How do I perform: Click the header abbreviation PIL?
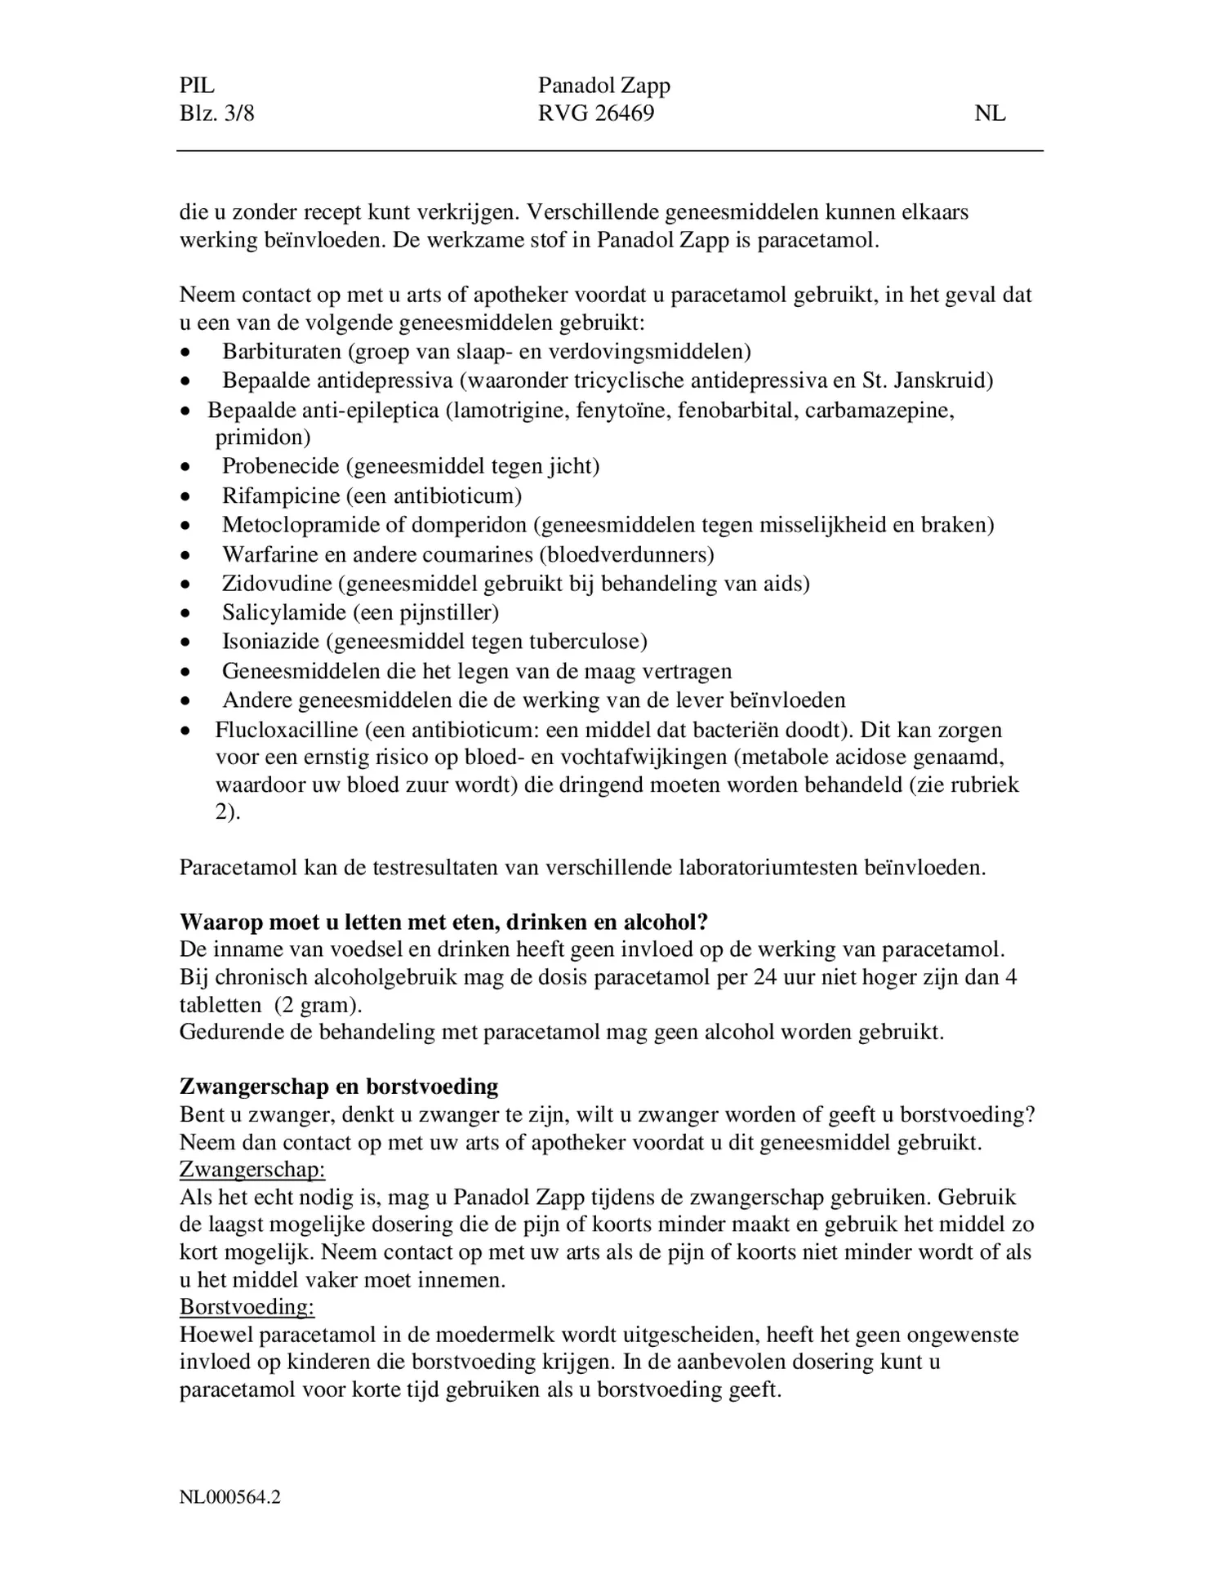coord(197,86)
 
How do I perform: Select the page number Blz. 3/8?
coord(216,113)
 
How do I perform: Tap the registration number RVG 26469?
coord(596,113)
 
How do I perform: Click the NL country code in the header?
coord(990,113)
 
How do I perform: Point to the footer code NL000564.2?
coord(230,1497)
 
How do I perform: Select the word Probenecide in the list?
coord(280,466)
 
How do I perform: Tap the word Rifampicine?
coord(280,496)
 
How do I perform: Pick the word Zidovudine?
coord(277,584)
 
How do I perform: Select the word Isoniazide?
coord(270,642)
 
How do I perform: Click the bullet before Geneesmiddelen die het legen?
coord(187,673)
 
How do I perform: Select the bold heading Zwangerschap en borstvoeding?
coord(339,1087)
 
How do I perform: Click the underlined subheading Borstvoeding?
coord(247,1307)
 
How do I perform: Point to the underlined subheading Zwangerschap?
coord(252,1170)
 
